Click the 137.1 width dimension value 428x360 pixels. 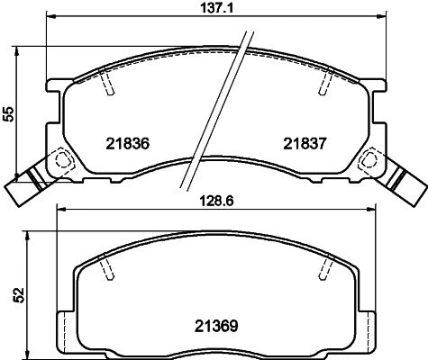[216, 8]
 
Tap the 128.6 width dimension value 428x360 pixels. [217, 201]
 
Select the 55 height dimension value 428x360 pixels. [10, 114]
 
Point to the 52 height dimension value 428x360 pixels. [19, 295]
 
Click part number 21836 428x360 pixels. [128, 144]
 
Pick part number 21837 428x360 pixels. [305, 144]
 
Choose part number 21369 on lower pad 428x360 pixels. [216, 326]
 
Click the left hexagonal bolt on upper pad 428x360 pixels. [63, 158]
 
